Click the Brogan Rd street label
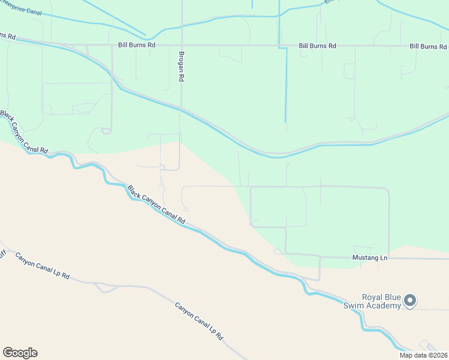coord(180,66)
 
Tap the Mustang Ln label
coord(371,257)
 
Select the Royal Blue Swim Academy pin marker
coord(411,300)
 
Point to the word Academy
coord(385,306)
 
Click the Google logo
coord(20,353)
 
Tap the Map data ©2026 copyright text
coord(423,355)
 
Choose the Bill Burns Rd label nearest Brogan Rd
coord(137,45)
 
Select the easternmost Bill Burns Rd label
coord(429,46)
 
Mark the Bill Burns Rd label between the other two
coord(318,46)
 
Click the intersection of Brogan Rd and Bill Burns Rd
coord(181,45)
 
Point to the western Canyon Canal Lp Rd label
coord(42,267)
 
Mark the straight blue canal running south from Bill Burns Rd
coord(286,90)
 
